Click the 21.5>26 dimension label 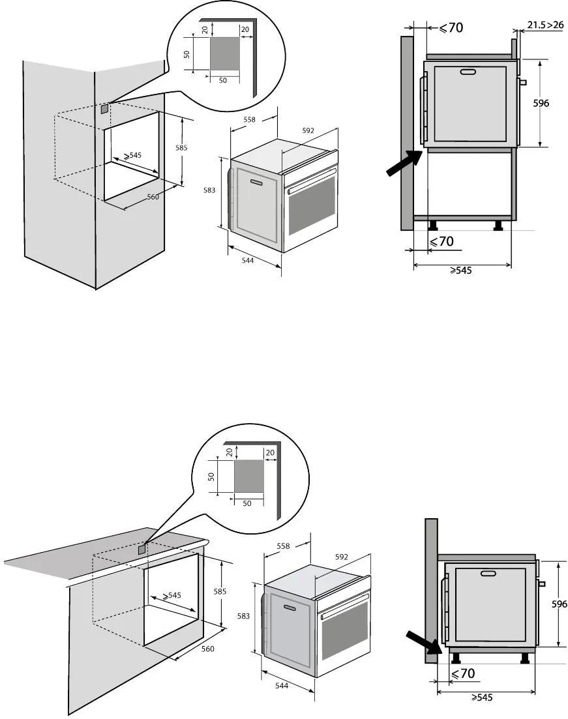tap(546, 25)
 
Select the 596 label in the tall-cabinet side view tap(541, 103)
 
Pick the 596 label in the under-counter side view tap(558, 604)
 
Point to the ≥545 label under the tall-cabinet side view tap(461, 271)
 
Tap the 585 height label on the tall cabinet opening tap(181, 148)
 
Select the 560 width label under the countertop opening tap(208, 649)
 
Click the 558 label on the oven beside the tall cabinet tap(249, 119)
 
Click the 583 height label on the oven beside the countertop tap(243, 616)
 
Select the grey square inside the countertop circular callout tap(248, 477)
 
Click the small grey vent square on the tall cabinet tap(104, 111)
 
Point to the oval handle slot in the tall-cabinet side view tap(468, 72)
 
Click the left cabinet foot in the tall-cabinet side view tap(432, 226)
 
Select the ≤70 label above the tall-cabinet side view tap(451, 27)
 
